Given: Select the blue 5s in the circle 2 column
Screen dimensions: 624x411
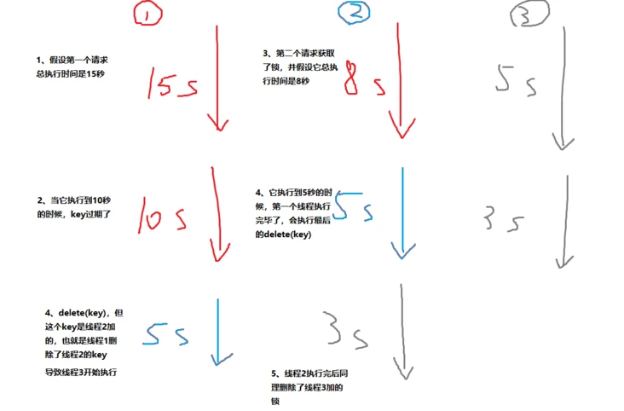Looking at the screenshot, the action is click(352, 207).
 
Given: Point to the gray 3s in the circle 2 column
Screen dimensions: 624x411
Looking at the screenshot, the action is click(344, 329).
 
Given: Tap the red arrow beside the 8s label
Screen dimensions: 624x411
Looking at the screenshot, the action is click(400, 77).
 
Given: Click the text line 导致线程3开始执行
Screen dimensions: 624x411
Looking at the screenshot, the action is click(80, 373).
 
